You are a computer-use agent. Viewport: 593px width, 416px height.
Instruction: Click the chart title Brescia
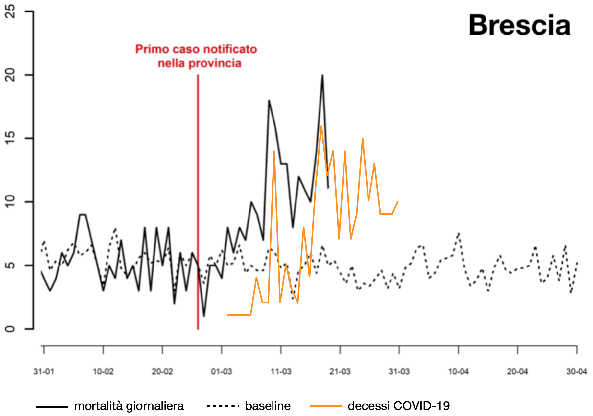coord(519,26)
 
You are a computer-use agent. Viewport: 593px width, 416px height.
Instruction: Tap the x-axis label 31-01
coord(44,372)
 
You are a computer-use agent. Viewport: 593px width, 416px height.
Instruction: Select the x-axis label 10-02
coord(103,372)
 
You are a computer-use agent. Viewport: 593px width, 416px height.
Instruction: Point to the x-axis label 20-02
coord(162,372)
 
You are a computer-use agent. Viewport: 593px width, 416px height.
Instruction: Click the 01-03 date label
coord(222,372)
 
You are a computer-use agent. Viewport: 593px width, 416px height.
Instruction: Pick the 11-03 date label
coord(281,372)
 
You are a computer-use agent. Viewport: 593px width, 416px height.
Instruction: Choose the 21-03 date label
coord(340,372)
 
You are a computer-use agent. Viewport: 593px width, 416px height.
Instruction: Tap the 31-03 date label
coord(399,372)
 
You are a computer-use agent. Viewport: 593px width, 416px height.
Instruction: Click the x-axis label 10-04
coord(459,372)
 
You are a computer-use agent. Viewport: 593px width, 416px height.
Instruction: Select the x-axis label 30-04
coord(577,372)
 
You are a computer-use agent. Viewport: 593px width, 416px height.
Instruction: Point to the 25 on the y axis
coord(11,12)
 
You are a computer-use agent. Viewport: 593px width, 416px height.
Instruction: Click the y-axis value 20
coord(11,75)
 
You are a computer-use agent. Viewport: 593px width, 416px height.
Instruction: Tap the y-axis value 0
coord(11,329)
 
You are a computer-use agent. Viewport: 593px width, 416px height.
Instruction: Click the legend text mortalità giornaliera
coord(129,406)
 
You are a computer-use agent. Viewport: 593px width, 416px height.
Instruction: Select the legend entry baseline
coord(268,406)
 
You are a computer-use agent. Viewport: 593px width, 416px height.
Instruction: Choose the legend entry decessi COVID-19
coord(398,406)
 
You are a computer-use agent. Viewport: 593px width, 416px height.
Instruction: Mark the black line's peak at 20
coord(322,75)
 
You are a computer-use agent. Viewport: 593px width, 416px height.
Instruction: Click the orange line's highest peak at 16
coord(321,126)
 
